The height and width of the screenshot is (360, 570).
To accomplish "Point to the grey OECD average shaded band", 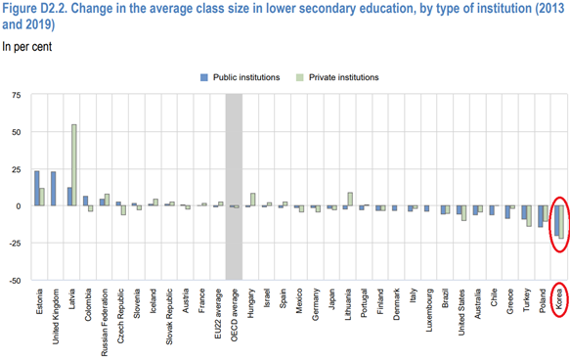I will [x=234, y=186].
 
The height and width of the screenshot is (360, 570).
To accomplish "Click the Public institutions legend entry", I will [x=241, y=76].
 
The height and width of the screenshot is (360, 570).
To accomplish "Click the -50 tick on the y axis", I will [x=16, y=281].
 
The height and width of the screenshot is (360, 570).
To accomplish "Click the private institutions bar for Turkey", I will [x=529, y=216].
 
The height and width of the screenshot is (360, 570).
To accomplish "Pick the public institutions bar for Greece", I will [x=506, y=212].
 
